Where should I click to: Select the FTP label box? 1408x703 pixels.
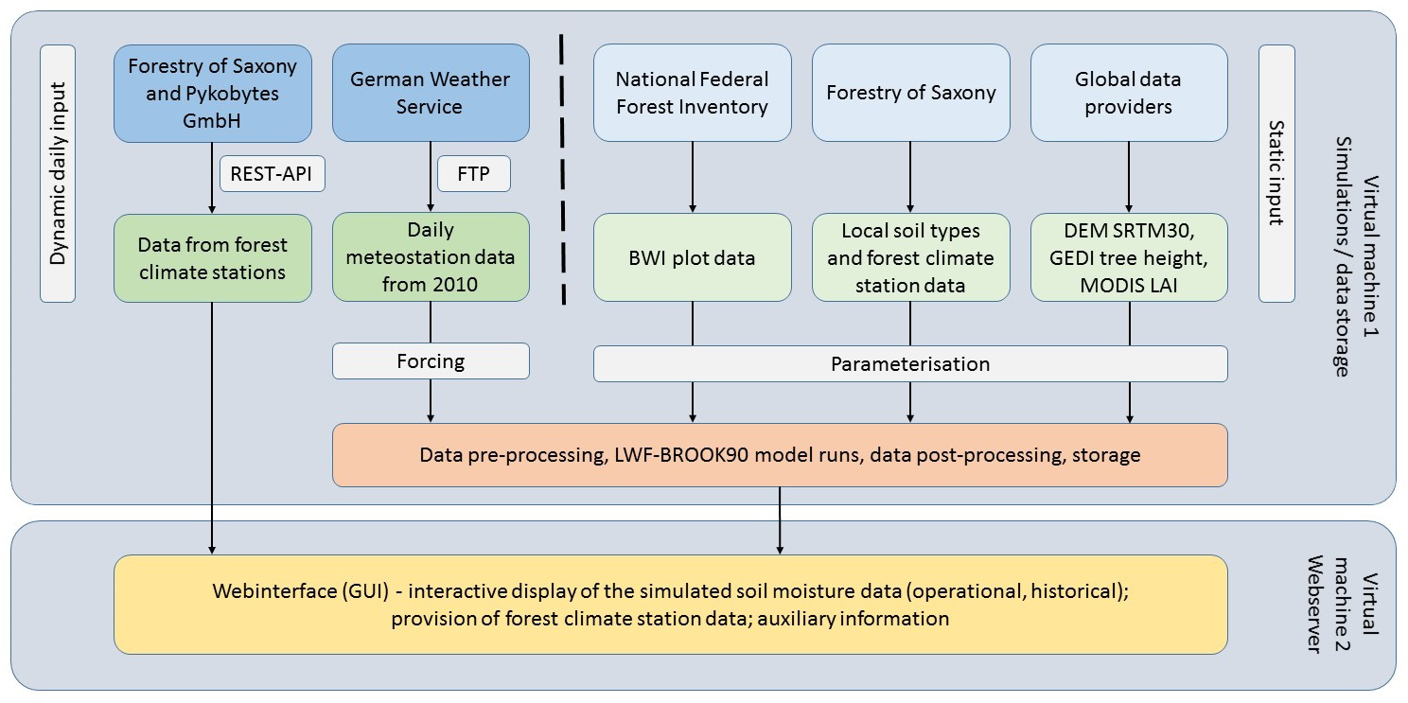(473, 174)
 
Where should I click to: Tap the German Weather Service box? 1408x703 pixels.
(431, 93)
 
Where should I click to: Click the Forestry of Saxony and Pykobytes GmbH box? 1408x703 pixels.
(212, 93)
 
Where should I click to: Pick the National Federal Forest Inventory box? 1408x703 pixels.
(692, 93)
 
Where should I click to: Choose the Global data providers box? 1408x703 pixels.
(1129, 93)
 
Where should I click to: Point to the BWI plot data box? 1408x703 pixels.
(692, 257)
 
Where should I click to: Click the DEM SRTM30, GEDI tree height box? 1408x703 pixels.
(1129, 257)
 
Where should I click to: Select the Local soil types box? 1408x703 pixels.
(910, 257)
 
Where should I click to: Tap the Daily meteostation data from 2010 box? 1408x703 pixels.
(431, 257)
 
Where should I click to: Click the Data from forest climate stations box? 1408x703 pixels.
(212, 257)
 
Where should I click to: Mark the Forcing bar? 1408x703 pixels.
(431, 360)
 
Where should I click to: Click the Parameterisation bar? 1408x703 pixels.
(910, 363)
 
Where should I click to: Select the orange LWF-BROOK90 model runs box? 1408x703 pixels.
(780, 455)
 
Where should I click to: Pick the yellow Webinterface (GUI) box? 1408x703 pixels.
(670, 605)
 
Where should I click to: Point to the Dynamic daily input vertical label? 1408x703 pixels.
(58, 173)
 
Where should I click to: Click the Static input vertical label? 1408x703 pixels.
(1276, 173)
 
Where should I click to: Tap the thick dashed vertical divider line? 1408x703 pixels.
(562, 170)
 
